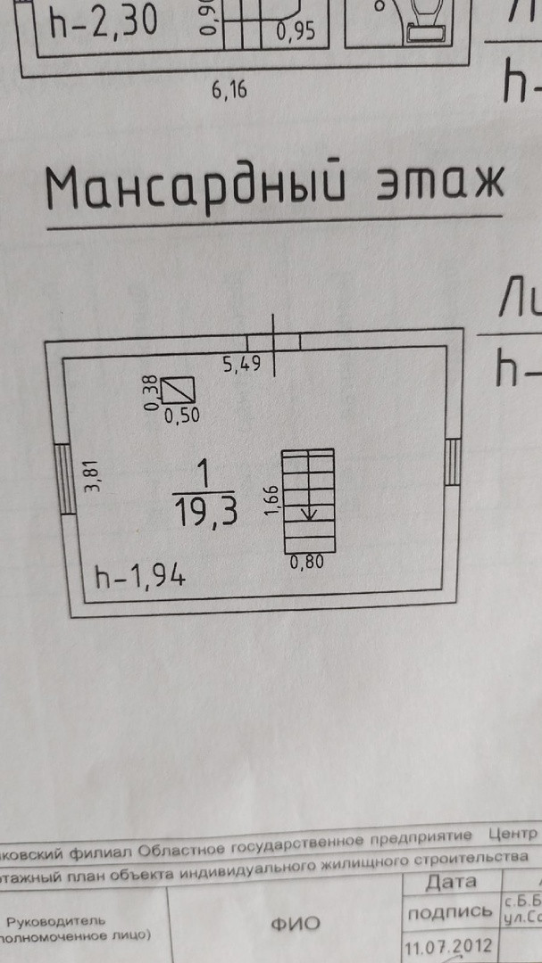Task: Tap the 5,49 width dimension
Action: tap(240, 364)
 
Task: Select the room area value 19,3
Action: tap(204, 513)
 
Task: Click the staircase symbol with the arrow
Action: tap(308, 500)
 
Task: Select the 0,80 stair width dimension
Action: tap(307, 563)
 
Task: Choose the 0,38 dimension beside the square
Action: tap(152, 393)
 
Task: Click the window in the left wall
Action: tap(64, 479)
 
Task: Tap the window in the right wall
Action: tap(453, 462)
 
